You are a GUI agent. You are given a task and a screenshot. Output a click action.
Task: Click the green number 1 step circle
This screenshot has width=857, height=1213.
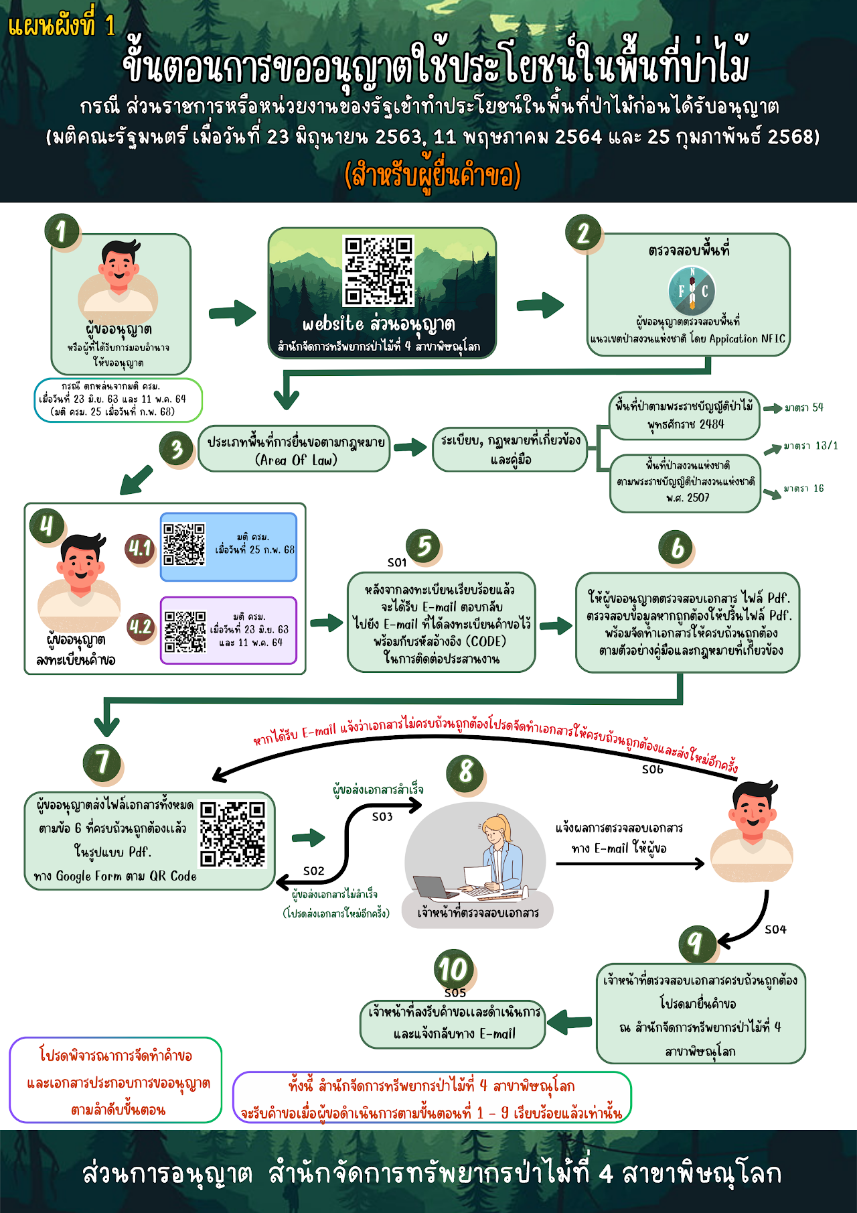tap(62, 232)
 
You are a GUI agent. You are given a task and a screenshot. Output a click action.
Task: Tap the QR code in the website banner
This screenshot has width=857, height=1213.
tap(378, 271)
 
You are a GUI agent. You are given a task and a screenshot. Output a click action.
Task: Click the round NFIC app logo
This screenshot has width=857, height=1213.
tap(692, 291)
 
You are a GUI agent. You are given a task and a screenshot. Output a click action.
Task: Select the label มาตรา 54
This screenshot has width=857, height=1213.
tap(803, 407)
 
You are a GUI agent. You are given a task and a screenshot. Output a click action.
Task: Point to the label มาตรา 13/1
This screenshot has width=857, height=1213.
tap(811, 446)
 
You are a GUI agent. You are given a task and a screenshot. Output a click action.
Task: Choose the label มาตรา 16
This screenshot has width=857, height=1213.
tap(804, 489)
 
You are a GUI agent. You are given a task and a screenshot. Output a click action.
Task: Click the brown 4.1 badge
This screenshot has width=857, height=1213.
tap(140, 549)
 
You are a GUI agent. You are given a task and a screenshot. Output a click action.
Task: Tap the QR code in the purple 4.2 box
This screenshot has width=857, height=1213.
tap(185, 631)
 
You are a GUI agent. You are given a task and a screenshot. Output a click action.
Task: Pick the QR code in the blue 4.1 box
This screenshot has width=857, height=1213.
tap(184, 545)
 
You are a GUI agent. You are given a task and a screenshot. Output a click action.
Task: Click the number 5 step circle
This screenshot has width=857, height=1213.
tap(424, 546)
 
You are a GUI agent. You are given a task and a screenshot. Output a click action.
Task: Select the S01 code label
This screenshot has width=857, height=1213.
tap(397, 562)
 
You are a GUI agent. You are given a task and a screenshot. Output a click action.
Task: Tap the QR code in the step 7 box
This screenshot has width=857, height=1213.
tap(233, 834)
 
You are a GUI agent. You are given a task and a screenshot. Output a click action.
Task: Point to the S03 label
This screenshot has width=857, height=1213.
tap(382, 816)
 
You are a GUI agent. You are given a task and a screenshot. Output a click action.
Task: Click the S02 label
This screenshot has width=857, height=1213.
tap(313, 871)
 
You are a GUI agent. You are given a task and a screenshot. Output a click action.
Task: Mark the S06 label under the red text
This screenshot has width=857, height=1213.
tap(652, 769)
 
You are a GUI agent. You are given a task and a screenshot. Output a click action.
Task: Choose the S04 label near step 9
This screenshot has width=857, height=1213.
tap(775, 930)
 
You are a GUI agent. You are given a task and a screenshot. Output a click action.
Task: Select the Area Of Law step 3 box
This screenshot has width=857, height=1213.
tap(295, 450)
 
